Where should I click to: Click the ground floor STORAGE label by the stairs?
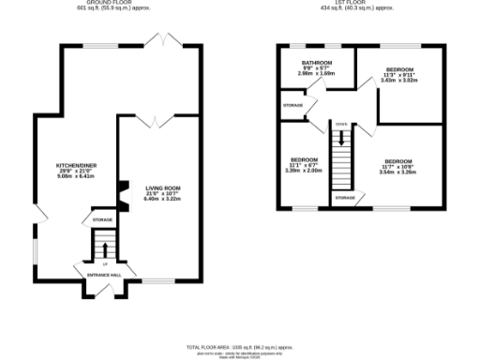(x=102, y=220)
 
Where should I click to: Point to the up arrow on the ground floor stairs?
(x=104, y=248)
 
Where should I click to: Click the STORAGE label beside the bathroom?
(x=292, y=105)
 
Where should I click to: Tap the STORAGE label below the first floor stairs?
(x=345, y=198)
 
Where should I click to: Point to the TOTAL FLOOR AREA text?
(x=240, y=347)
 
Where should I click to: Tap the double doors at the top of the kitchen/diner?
(x=163, y=40)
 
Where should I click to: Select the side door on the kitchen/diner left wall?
(x=38, y=214)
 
